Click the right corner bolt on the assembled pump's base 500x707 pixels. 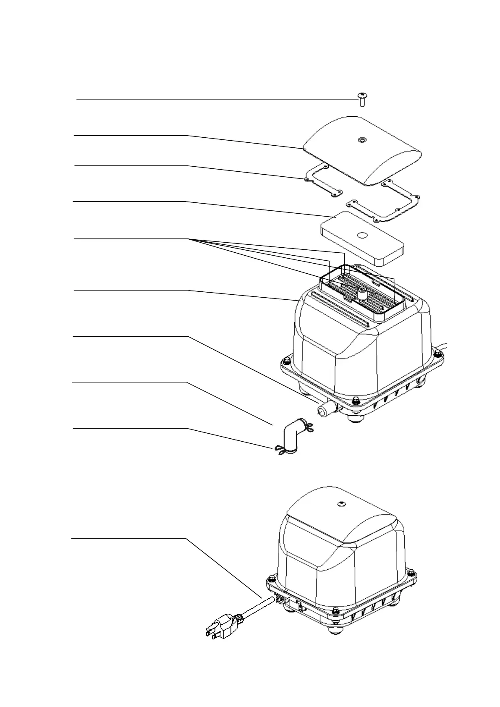click(416, 572)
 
